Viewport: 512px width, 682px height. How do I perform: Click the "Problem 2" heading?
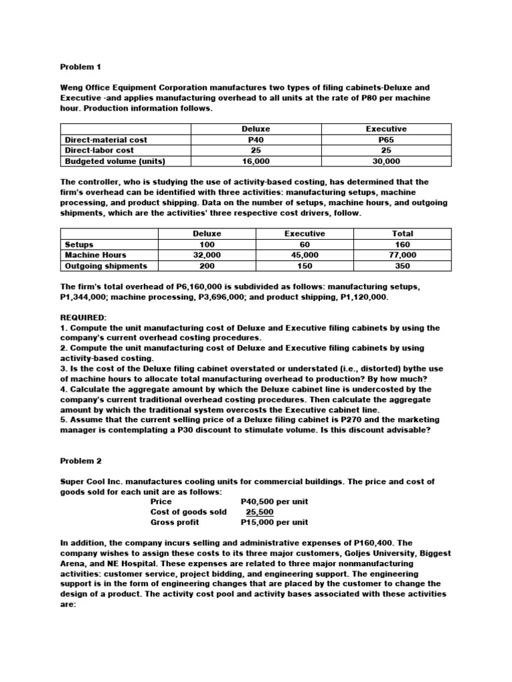[x=81, y=460]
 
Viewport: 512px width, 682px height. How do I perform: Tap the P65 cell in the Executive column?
[x=387, y=140]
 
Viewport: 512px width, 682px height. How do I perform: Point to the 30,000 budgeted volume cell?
[x=387, y=161]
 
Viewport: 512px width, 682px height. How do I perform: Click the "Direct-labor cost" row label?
[x=99, y=151]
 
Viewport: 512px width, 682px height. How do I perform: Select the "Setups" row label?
[x=79, y=244]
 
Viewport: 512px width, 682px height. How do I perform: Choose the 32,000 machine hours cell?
[x=207, y=255]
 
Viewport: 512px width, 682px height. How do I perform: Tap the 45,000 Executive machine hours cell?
[x=305, y=255]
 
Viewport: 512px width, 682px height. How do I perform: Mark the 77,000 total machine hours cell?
[x=403, y=255]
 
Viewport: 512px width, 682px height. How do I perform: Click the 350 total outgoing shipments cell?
[x=403, y=266]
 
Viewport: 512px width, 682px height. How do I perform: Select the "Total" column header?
[x=403, y=234]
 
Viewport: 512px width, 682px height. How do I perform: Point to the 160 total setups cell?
[x=403, y=244]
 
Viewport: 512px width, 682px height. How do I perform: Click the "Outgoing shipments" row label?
[x=106, y=266]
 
